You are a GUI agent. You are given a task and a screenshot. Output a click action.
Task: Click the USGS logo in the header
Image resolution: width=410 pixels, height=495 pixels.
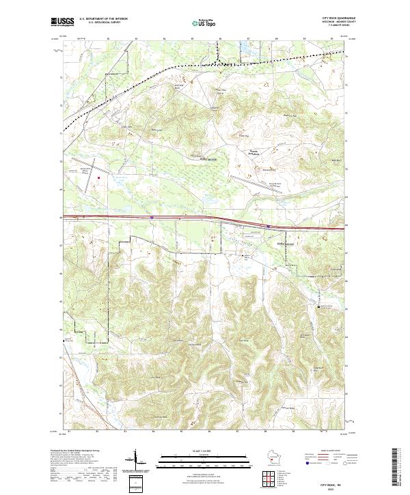coord(61,23)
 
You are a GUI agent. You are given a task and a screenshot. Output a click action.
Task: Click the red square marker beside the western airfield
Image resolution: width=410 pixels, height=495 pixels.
coord(98,179)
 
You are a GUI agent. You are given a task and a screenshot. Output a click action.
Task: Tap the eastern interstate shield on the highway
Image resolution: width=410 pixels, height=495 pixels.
coord(269,224)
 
